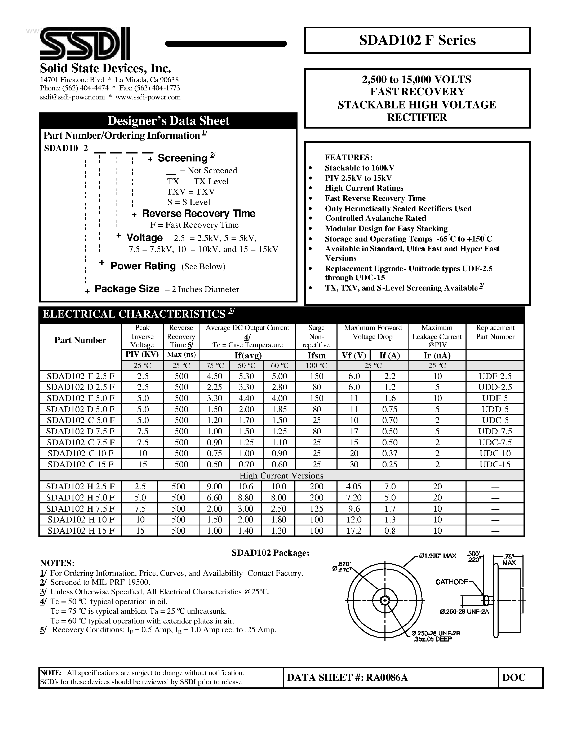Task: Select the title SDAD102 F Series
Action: tap(417, 40)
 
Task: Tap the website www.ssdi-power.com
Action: tap(148, 97)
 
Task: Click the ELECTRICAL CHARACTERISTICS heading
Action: tap(134, 314)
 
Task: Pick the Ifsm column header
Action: tap(316, 355)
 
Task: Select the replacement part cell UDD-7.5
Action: tap(495, 431)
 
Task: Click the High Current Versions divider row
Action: tap(281, 476)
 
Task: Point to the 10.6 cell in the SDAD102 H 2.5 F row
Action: tap(246, 487)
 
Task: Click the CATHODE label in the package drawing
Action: tap(452, 582)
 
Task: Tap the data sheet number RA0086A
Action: tap(387, 677)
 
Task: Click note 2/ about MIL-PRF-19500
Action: tap(100, 582)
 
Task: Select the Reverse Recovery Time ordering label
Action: tap(198, 214)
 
